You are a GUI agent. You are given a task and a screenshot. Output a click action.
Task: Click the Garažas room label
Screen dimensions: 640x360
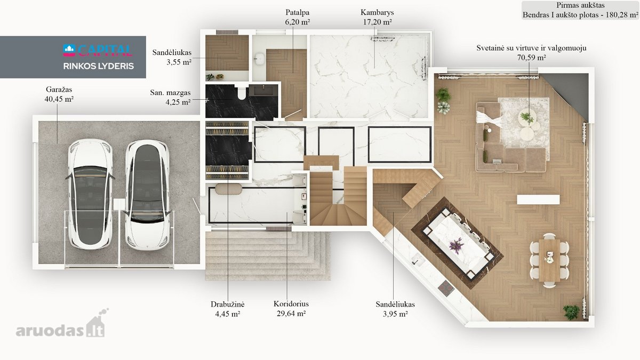tap(59, 90)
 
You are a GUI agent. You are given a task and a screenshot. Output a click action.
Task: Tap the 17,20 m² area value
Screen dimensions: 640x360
tap(377, 22)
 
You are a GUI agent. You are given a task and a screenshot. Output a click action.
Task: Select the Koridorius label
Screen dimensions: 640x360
tap(291, 303)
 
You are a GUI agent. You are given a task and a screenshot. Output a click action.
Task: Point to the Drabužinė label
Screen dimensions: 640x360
tap(227, 305)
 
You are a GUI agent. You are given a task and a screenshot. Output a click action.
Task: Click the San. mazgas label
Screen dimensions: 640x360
tap(170, 93)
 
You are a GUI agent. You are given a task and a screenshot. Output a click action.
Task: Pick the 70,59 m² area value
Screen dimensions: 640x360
tap(531, 58)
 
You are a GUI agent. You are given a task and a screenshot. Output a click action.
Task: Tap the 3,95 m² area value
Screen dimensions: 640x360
tap(395, 314)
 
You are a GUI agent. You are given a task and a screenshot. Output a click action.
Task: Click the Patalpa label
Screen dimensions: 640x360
tap(298, 13)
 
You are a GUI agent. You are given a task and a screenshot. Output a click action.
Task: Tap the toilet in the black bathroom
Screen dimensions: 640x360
tap(242, 93)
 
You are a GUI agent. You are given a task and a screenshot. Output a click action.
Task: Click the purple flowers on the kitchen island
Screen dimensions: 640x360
tap(456, 245)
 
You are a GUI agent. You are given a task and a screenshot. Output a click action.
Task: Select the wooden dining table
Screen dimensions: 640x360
tap(549, 260)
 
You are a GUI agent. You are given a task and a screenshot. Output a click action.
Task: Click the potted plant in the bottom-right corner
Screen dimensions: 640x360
tap(571, 312)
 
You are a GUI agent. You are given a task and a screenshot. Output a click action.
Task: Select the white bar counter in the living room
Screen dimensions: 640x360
tap(538, 199)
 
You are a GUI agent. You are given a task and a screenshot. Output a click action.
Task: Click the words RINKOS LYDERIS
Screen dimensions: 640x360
tap(99, 66)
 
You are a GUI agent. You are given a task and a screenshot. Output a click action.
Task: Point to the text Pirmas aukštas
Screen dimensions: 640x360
tap(580, 5)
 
